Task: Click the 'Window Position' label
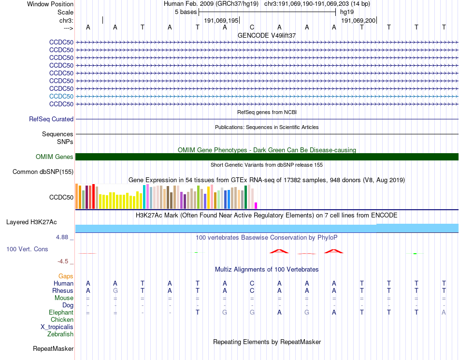click(x=50, y=4)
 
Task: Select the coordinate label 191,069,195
click(x=221, y=21)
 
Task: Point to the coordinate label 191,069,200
click(x=358, y=21)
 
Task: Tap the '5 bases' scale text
click(x=186, y=12)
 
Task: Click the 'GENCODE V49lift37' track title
click(x=267, y=35)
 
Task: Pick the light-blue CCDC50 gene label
click(x=61, y=96)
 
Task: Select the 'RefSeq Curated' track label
click(x=51, y=119)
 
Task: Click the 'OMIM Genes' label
click(x=55, y=157)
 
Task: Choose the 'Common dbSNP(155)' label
click(x=43, y=172)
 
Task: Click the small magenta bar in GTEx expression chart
click(x=256, y=205)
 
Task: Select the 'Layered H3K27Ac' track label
click(x=31, y=222)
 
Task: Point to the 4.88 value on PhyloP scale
click(x=63, y=237)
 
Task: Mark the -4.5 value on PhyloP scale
click(x=63, y=261)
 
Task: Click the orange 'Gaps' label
click(x=66, y=276)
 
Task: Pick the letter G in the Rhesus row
click(x=115, y=291)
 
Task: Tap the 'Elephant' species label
click(x=61, y=313)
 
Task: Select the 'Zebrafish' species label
click(x=60, y=334)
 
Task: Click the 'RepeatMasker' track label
click(x=53, y=348)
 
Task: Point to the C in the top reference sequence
click(x=252, y=28)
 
